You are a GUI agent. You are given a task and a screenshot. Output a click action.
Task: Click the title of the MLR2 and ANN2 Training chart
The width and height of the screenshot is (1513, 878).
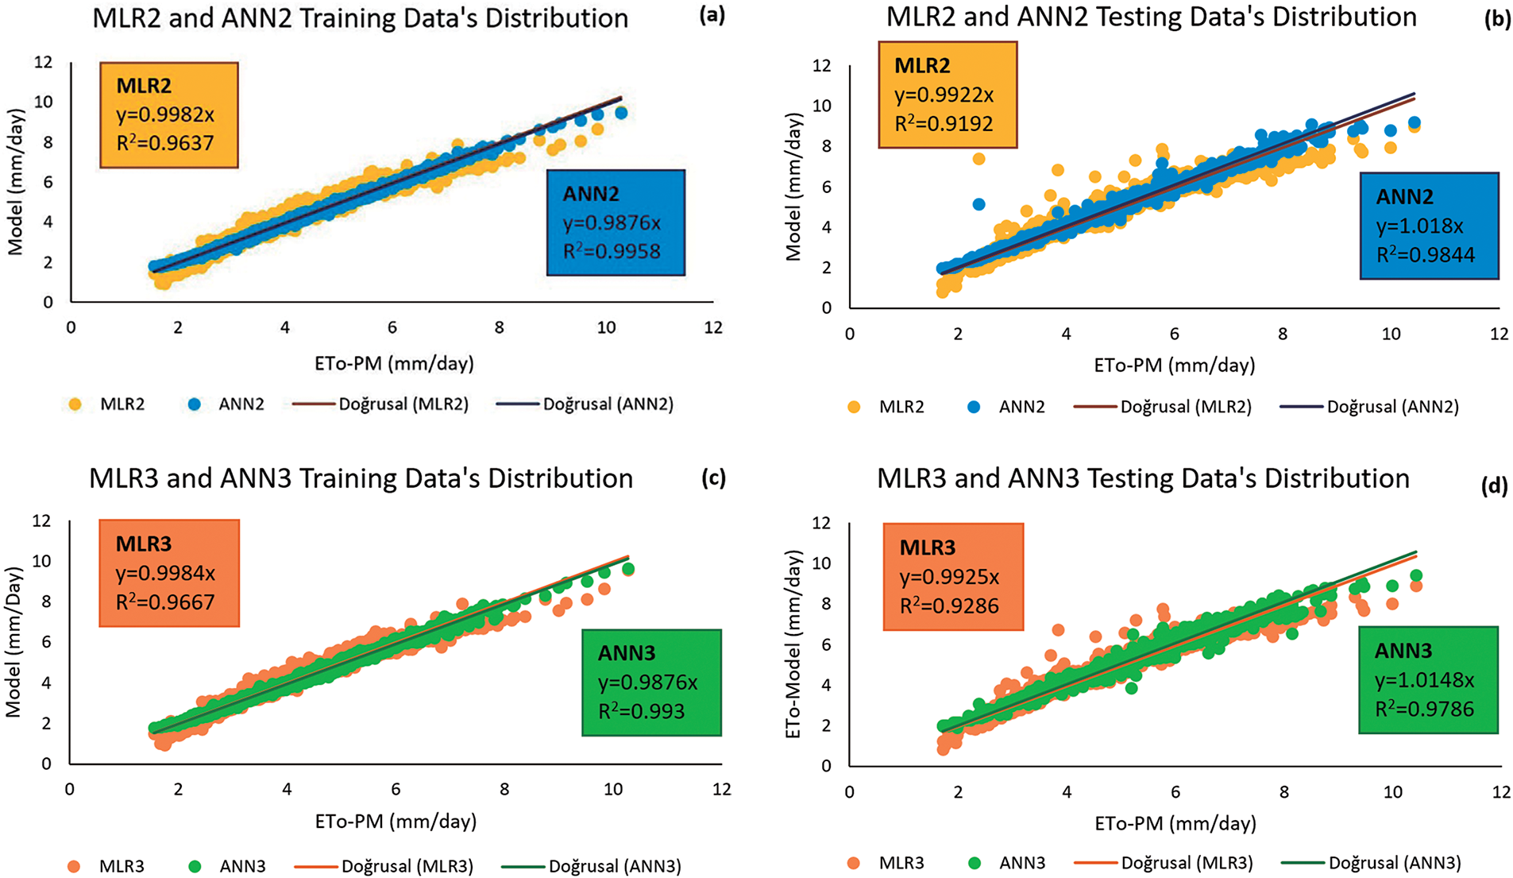click(x=360, y=18)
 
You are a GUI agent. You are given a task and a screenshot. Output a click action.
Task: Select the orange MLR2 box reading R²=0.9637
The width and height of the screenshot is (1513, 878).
click(x=168, y=114)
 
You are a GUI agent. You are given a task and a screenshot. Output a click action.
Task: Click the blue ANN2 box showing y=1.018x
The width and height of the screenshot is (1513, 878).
click(x=1428, y=226)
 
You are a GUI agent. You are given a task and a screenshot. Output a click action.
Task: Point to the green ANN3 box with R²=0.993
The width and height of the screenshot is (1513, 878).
click(x=651, y=683)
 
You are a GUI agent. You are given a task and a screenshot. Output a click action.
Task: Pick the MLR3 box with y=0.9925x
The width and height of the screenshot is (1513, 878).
click(x=953, y=576)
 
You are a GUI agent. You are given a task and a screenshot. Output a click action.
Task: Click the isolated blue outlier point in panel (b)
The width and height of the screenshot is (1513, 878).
click(x=978, y=204)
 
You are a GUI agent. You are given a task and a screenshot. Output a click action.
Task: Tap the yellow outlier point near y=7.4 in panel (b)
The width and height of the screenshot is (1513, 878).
click(x=978, y=159)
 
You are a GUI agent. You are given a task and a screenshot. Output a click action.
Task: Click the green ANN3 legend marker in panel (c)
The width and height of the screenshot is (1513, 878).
click(x=195, y=865)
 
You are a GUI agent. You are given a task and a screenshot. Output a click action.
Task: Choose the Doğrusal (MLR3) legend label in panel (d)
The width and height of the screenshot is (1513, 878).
click(x=1187, y=863)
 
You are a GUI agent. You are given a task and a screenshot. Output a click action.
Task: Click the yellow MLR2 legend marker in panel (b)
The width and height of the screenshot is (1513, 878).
click(x=855, y=407)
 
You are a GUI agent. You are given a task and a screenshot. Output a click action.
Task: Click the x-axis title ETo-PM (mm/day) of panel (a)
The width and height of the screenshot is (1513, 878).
click(x=394, y=364)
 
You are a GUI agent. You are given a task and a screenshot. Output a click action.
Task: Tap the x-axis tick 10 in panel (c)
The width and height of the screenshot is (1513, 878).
click(x=612, y=789)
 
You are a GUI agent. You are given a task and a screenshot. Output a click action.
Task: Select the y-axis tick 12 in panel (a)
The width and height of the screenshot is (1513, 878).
click(x=43, y=62)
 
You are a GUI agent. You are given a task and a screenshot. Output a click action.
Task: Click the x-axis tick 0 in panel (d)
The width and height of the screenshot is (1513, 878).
click(x=850, y=791)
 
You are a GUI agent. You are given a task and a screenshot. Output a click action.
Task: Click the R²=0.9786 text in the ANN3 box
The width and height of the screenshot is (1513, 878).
click(x=1424, y=709)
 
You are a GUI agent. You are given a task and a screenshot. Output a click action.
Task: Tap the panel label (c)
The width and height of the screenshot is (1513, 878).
click(x=713, y=478)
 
